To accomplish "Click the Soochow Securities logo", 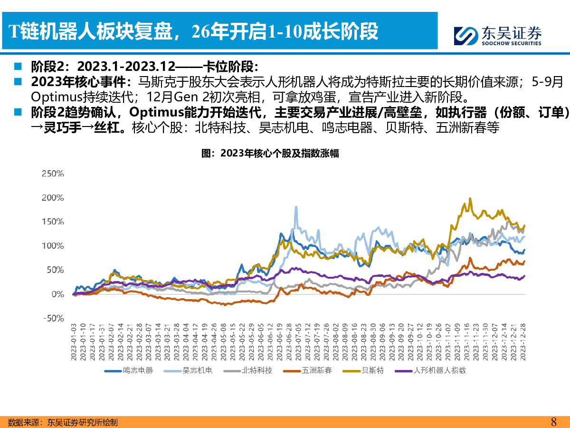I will point(497,35).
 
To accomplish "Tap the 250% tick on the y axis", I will point(53,174).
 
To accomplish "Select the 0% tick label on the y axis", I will point(57,294).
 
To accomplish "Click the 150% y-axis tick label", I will point(53,222).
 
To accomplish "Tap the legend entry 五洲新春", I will point(315,370).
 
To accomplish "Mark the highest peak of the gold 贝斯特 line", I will point(470,199).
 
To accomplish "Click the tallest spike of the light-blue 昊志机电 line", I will point(296,207).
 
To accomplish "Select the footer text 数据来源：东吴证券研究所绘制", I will point(63,422).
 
